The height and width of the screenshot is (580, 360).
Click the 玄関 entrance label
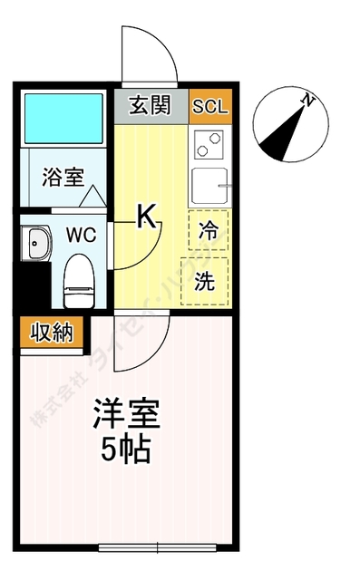(151, 106)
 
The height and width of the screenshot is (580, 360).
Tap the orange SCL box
(211, 106)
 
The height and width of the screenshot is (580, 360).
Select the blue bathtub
(63, 118)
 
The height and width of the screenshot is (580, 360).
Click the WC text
(80, 235)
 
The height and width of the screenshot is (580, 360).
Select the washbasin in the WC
(39, 242)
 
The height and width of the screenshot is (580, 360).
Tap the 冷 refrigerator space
(208, 230)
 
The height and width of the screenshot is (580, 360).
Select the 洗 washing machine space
(205, 281)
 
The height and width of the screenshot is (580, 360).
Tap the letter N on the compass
(308, 101)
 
